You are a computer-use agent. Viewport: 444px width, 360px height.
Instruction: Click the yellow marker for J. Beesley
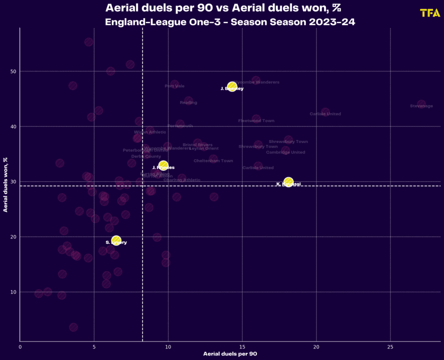click(x=232, y=87)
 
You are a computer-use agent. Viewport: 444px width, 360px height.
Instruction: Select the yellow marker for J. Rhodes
click(x=163, y=165)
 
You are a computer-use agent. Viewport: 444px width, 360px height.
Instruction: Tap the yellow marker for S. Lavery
click(x=116, y=240)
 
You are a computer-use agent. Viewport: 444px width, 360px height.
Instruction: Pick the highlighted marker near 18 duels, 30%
click(x=288, y=182)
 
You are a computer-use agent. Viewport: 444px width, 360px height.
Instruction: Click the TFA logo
click(x=430, y=13)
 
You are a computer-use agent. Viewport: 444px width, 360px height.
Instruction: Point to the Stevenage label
click(x=421, y=106)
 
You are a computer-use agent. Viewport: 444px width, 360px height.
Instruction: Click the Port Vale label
click(x=174, y=86)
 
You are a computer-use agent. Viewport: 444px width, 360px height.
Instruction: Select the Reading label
click(x=188, y=102)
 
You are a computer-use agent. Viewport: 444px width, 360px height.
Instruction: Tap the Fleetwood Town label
click(x=256, y=120)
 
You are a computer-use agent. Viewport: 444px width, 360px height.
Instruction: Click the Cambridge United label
click(x=285, y=152)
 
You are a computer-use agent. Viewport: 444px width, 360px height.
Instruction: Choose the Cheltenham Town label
click(x=213, y=160)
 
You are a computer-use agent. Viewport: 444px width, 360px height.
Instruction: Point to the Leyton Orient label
click(x=204, y=148)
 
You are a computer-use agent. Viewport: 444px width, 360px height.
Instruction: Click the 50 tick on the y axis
click(x=13, y=71)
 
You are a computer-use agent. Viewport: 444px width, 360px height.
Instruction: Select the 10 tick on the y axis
click(x=13, y=292)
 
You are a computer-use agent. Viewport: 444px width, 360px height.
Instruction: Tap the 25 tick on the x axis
click(x=390, y=346)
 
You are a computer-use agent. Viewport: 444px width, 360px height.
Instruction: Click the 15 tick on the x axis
click(x=242, y=346)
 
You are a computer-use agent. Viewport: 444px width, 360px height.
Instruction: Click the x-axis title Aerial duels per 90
click(x=230, y=353)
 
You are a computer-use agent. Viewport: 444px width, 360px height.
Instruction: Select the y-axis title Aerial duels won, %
click(x=5, y=184)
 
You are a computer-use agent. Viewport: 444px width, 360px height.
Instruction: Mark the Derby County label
click(x=146, y=156)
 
